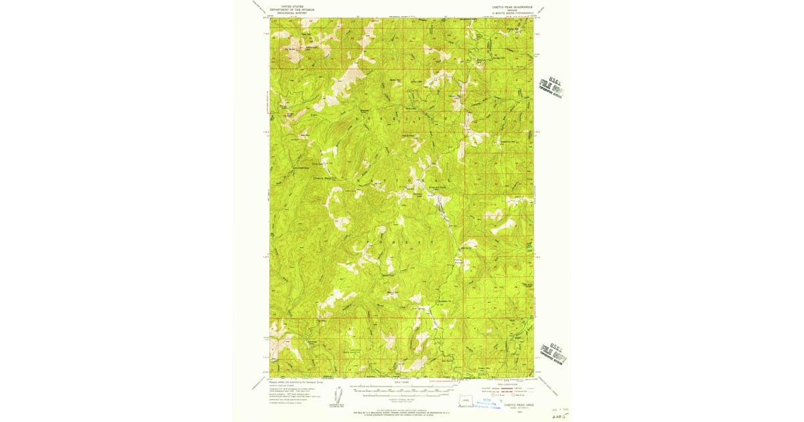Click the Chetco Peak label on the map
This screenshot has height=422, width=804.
coord(323,178)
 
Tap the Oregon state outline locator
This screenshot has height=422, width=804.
coord(468,401)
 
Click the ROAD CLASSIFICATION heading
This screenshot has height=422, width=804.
coord(506,384)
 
